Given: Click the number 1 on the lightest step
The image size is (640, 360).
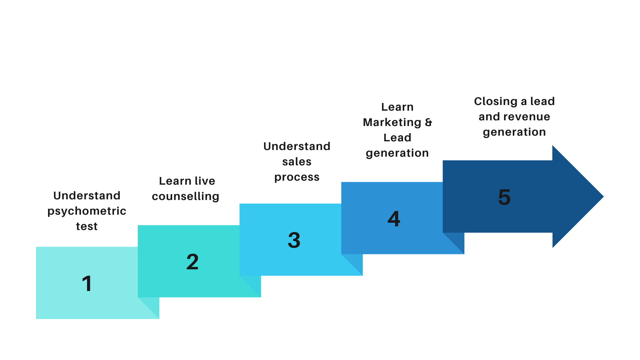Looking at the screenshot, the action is coord(87,284).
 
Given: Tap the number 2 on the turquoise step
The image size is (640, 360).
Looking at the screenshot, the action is coord(192,262).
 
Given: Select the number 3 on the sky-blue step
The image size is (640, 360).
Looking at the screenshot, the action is coord(294,240).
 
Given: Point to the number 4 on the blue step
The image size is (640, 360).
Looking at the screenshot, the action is coord(394,219).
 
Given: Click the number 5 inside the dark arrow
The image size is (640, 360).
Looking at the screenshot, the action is coord(504,197).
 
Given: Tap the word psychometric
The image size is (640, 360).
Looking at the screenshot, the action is coord(87,211).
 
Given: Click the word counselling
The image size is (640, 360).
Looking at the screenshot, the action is coord(186,196).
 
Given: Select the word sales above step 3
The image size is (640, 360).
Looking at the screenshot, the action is coord(297,162).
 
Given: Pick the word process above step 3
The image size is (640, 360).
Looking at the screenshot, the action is coord(297,177).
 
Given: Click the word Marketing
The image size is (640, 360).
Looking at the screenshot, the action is coord(392,123).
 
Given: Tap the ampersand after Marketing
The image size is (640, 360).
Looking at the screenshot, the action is coord(429,122).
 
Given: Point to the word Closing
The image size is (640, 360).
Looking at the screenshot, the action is coord(496,101).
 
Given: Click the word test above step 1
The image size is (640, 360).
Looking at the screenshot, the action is coord(87,227).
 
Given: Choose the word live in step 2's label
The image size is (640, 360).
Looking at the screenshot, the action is coord(205,181).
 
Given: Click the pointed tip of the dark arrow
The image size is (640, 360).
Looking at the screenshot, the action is coord(603,197).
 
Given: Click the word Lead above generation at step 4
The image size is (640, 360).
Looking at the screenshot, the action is coord(397,138).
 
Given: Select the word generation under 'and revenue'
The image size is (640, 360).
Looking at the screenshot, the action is coord(514,132).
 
